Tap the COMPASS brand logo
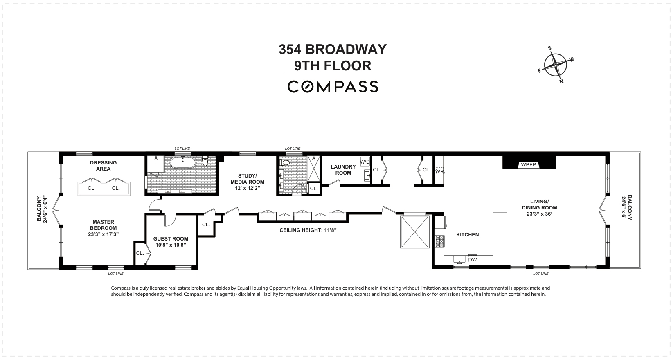pyautogui.click(x=333, y=87)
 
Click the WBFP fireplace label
pyautogui.click(x=529, y=165)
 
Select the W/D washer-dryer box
pyautogui.click(x=365, y=162)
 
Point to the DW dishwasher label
pyautogui.click(x=472, y=259)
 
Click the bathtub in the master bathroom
pyautogui.click(x=183, y=163)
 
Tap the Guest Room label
pyautogui.click(x=171, y=242)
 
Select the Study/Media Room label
pyautogui.click(x=247, y=182)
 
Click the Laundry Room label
pyautogui.click(x=343, y=170)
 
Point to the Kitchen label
pyautogui.click(x=467, y=235)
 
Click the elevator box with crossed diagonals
pyautogui.click(x=414, y=232)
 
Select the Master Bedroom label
pyautogui.click(x=103, y=228)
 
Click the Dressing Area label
pyautogui.click(x=103, y=166)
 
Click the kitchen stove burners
pyautogui.click(x=440, y=242)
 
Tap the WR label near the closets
pyautogui.click(x=439, y=171)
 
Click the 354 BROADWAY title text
pyautogui.click(x=333, y=49)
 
